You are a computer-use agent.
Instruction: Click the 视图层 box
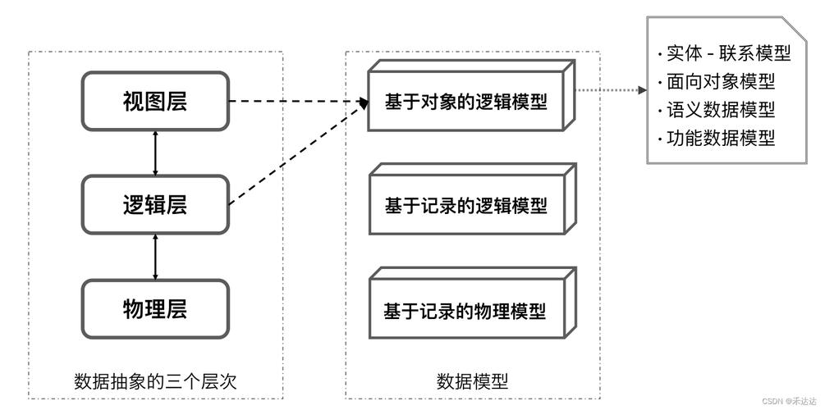pyautogui.click(x=155, y=102)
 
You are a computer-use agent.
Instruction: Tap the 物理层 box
pyautogui.click(x=155, y=308)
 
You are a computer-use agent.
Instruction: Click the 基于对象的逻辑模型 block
pyautogui.click(x=465, y=102)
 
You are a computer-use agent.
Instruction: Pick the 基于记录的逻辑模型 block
pyautogui.click(x=465, y=206)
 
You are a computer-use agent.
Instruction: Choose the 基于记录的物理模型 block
pyautogui.click(x=465, y=311)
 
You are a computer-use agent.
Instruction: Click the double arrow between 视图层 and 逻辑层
pyautogui.click(x=155, y=153)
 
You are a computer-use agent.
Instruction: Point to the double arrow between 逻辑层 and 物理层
pyautogui.click(x=155, y=257)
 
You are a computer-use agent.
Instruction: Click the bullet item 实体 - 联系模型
pyautogui.click(x=723, y=54)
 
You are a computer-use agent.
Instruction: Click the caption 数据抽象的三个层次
pyautogui.click(x=155, y=381)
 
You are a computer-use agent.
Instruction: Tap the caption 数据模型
pyautogui.click(x=472, y=381)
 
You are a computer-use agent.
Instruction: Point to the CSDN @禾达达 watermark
pyautogui.click(x=791, y=401)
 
